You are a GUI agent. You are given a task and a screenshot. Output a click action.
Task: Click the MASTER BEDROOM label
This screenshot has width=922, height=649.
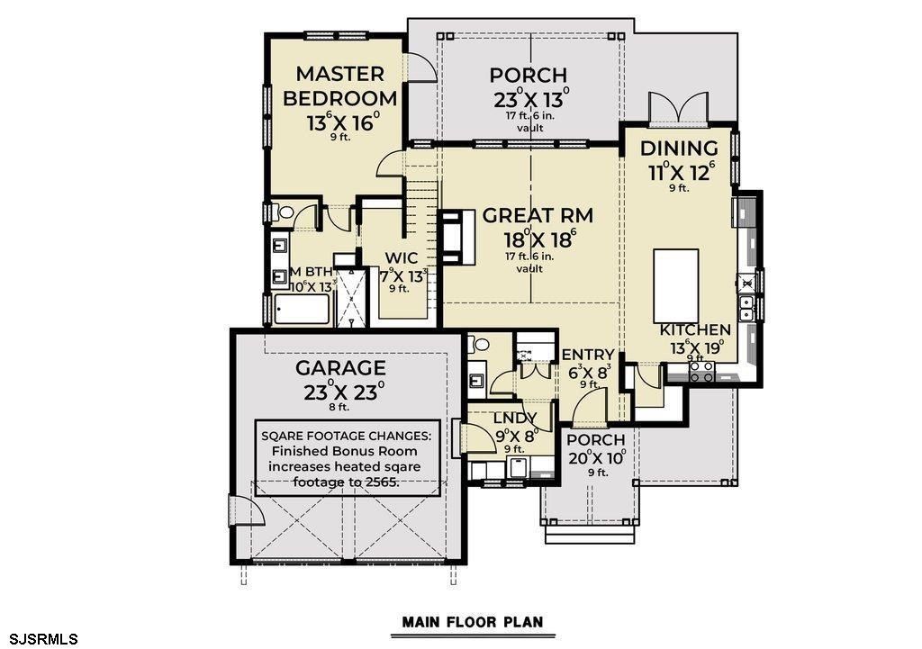click(x=340, y=86)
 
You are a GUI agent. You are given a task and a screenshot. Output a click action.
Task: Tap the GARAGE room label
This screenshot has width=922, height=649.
click(x=341, y=368)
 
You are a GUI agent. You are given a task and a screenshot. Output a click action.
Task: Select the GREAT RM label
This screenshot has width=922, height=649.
click(x=537, y=216)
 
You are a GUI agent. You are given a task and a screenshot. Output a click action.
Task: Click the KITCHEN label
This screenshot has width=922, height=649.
click(x=695, y=330)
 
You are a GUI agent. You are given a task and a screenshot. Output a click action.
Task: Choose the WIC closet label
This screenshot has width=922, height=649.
click(x=399, y=258)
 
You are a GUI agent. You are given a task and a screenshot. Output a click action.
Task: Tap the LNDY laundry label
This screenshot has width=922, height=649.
click(x=515, y=418)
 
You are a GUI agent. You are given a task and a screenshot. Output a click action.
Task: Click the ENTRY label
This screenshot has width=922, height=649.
click(x=587, y=355)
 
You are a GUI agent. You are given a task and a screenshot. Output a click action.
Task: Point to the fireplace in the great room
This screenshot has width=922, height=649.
click(x=456, y=238)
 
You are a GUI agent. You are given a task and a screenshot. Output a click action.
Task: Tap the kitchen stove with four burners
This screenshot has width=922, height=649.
click(x=701, y=371)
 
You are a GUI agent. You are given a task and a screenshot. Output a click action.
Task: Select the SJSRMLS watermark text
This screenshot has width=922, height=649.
click(x=40, y=638)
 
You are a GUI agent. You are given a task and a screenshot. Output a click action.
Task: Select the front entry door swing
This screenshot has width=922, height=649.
click(x=590, y=412)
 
